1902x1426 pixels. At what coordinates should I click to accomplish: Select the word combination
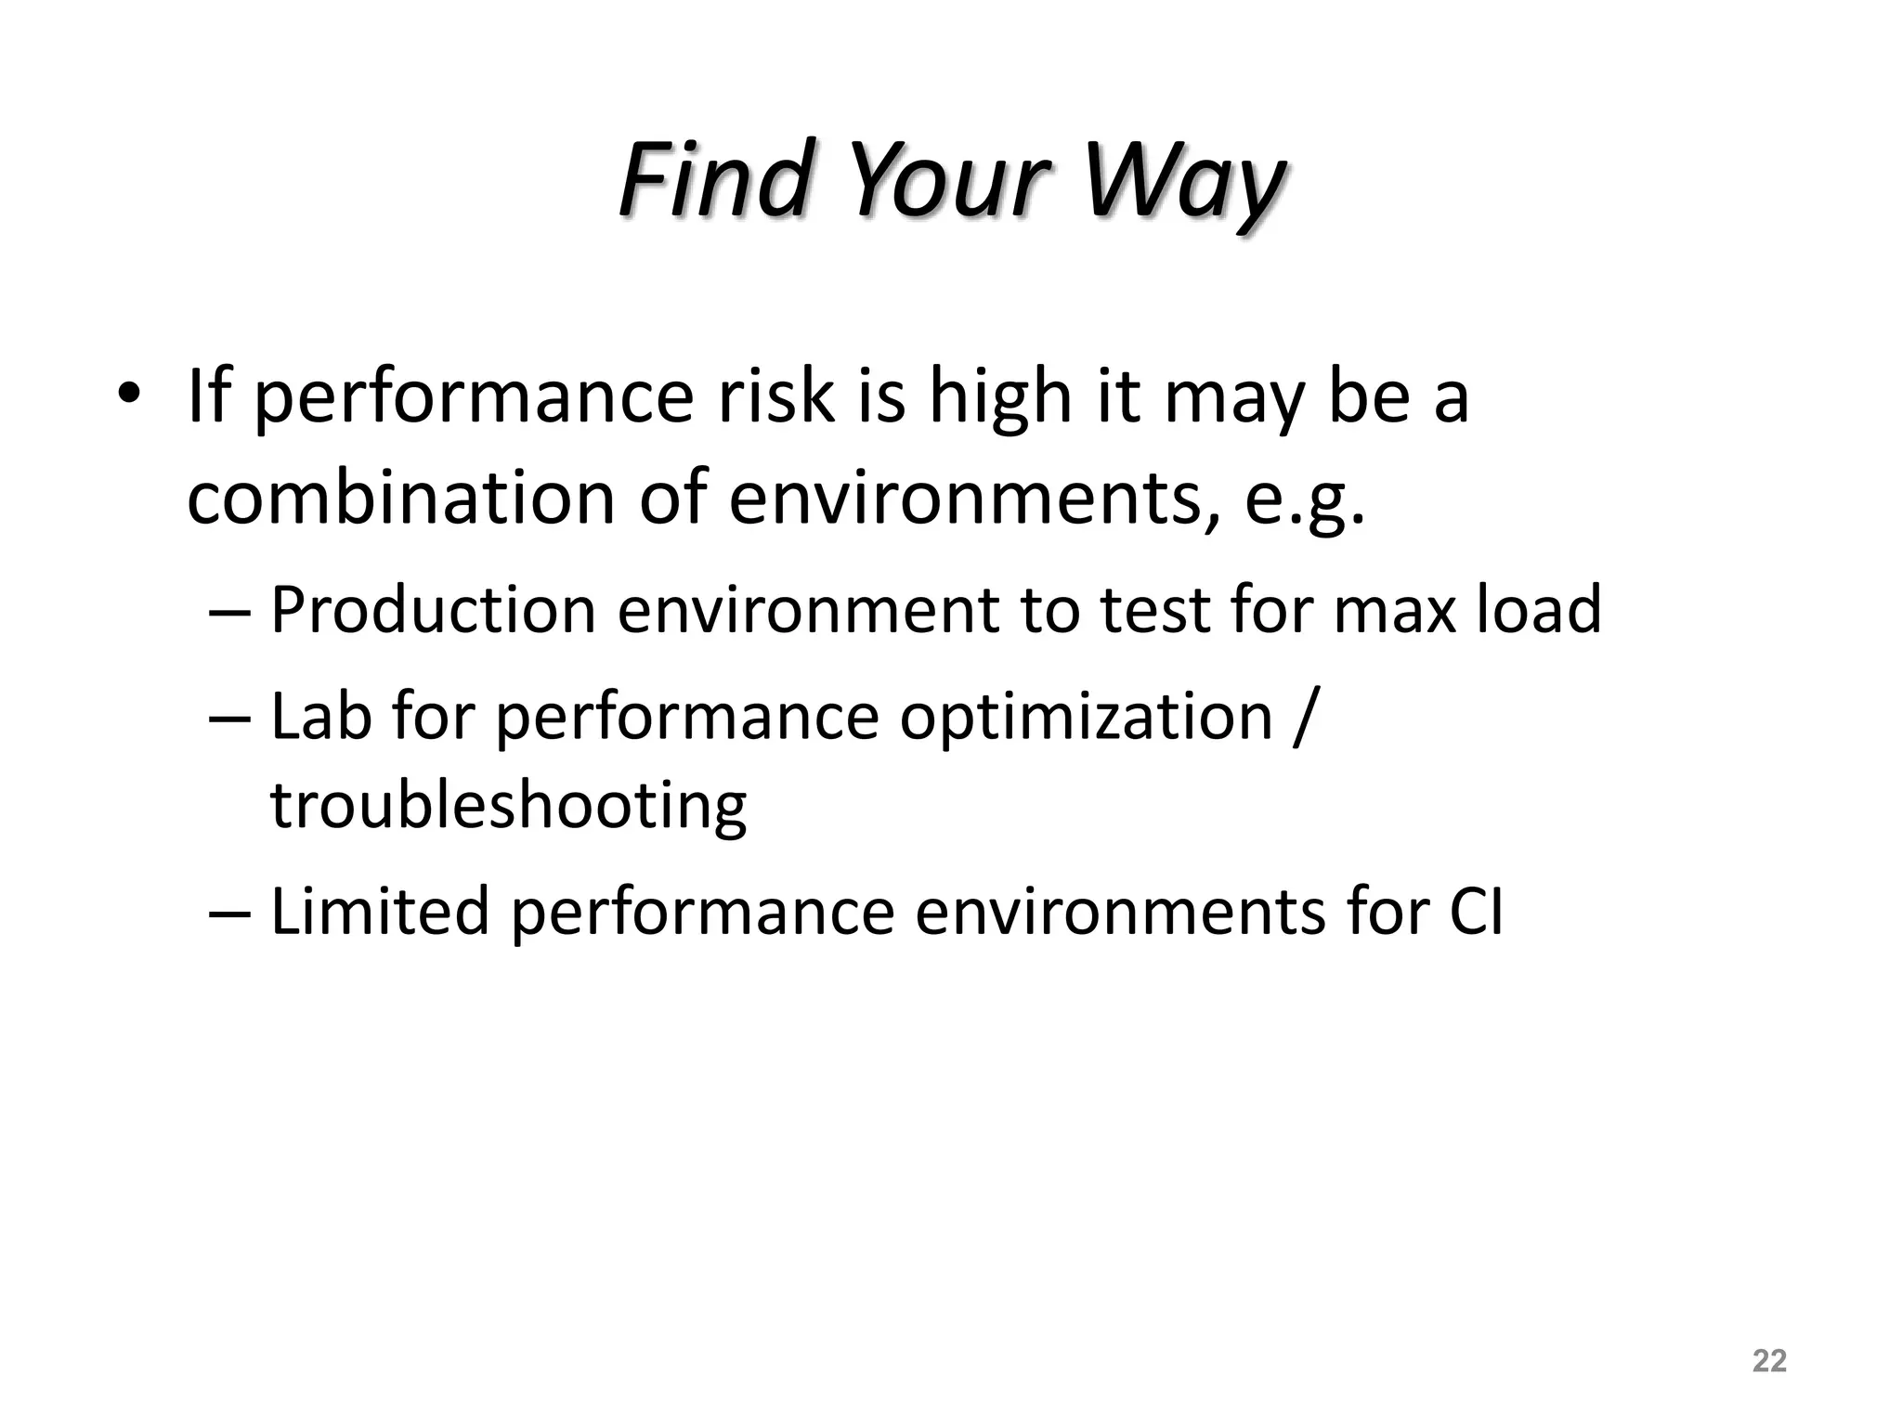(x=401, y=499)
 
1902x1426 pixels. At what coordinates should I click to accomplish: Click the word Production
(x=433, y=611)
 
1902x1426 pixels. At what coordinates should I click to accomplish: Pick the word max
(x=1395, y=611)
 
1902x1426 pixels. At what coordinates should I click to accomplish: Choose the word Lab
(x=320, y=717)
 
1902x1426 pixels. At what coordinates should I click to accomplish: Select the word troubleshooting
(x=508, y=806)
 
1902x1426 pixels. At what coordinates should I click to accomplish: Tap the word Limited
(x=379, y=912)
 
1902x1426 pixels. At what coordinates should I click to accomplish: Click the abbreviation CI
(x=1476, y=912)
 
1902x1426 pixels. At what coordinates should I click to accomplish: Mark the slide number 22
(x=1769, y=1361)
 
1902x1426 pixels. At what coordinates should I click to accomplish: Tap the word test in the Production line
(x=1153, y=611)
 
